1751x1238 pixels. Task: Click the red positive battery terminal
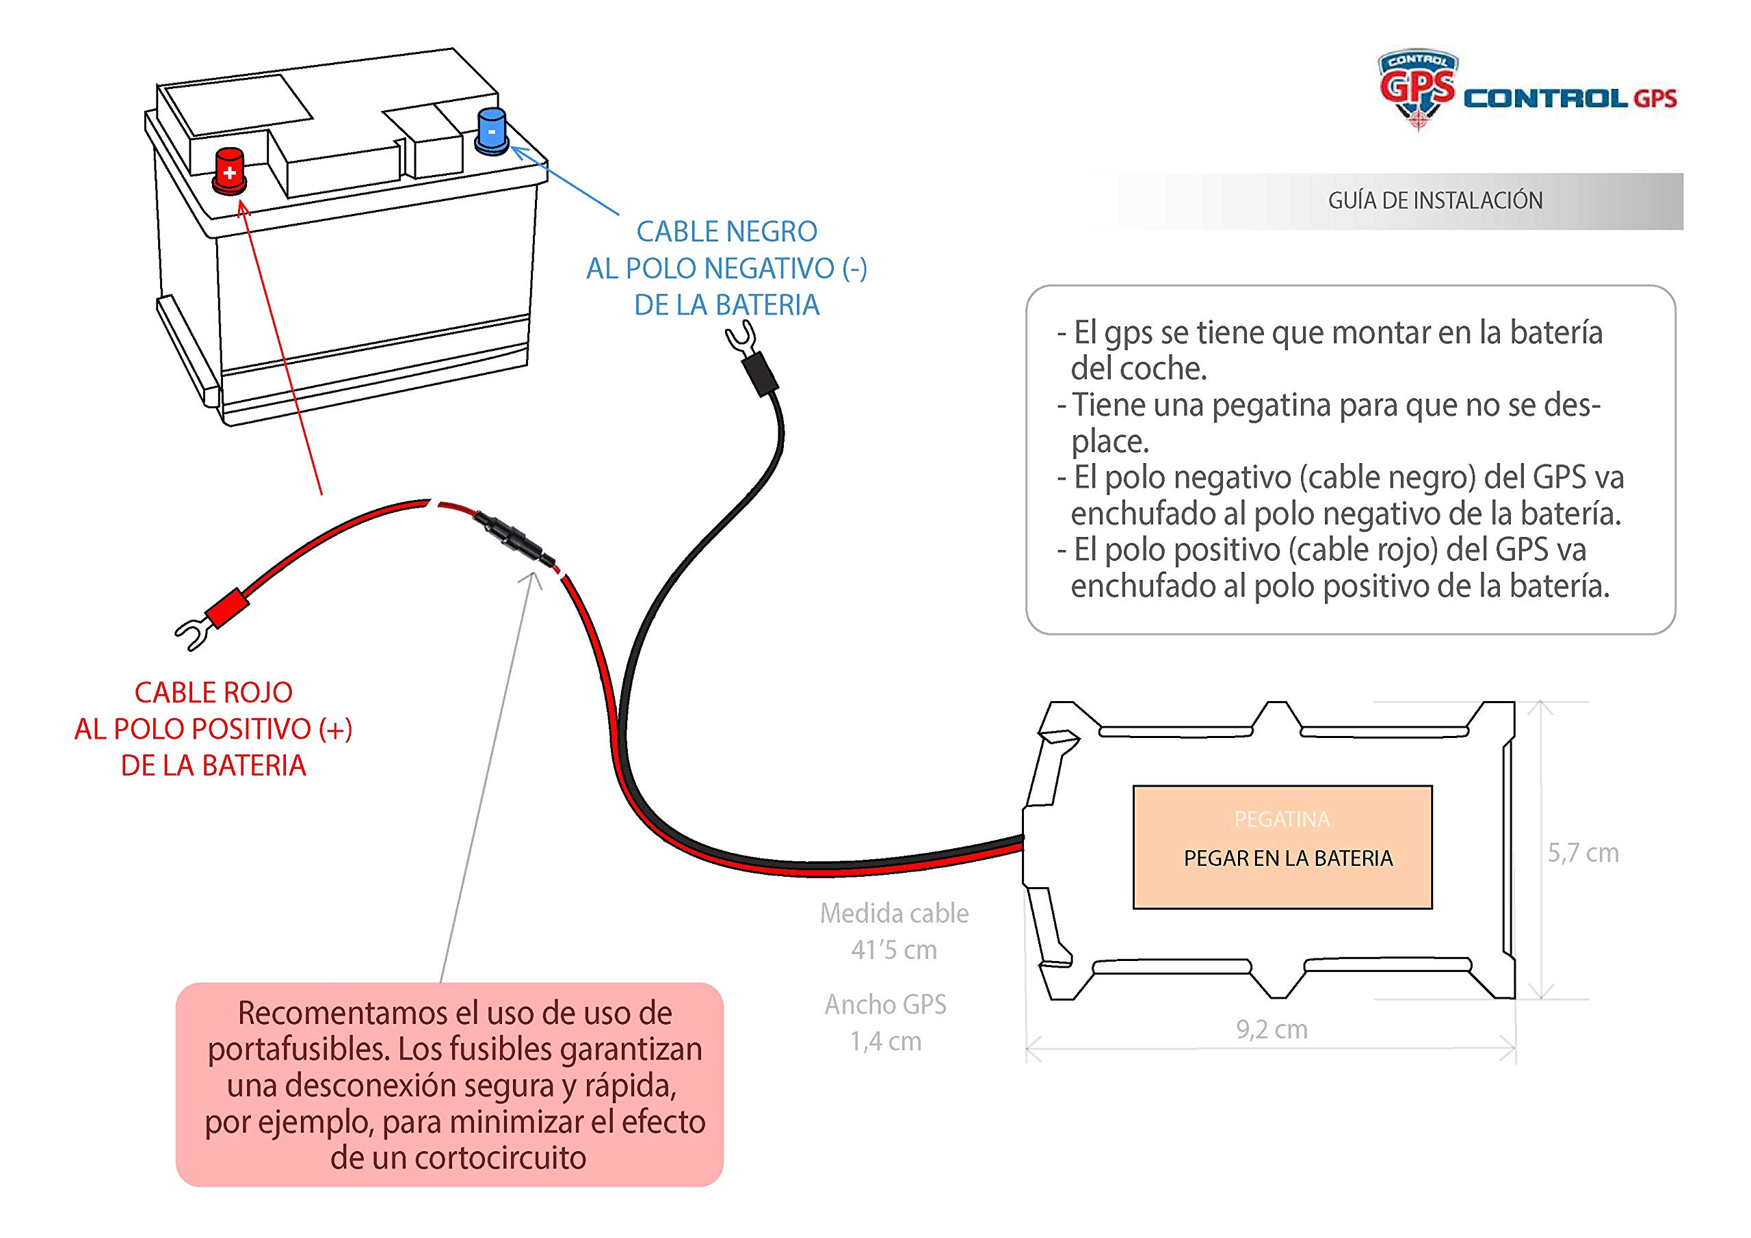(x=228, y=170)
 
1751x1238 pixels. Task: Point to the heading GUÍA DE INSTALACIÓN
(x=1434, y=200)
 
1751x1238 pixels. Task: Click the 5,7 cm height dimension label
(x=1583, y=853)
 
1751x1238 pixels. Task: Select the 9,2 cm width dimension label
(x=1272, y=1030)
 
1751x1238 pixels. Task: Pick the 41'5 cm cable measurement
(x=894, y=951)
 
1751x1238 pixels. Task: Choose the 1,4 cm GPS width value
(x=885, y=1041)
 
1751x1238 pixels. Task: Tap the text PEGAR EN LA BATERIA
(x=1288, y=859)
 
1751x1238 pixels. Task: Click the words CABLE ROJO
(x=213, y=693)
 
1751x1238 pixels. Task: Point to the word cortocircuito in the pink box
(x=500, y=1158)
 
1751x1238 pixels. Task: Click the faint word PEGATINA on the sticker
(x=1282, y=820)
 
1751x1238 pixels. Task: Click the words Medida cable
(x=894, y=914)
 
